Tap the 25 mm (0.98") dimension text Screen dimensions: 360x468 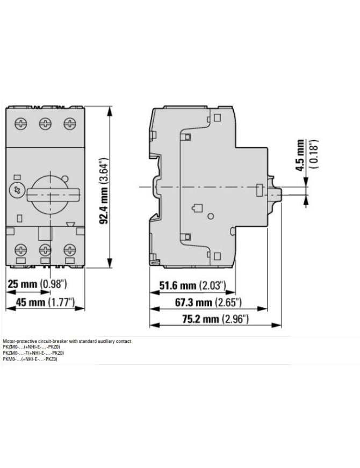click(x=37, y=284)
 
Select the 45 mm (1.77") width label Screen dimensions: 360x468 click(x=45, y=303)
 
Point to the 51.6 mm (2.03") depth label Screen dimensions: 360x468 click(x=192, y=286)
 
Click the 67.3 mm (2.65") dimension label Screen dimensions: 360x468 click(x=208, y=303)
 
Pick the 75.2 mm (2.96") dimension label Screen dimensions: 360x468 click(x=215, y=319)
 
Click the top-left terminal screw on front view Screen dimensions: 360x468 click(x=20, y=123)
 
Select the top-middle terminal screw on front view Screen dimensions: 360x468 click(x=45, y=123)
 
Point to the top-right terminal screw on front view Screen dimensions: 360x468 click(x=70, y=123)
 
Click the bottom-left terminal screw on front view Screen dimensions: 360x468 click(x=20, y=249)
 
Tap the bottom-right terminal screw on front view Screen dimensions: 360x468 click(x=70, y=249)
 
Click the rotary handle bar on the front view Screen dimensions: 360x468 click(x=54, y=195)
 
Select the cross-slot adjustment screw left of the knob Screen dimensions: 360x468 click(x=16, y=190)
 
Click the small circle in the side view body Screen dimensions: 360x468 click(x=211, y=216)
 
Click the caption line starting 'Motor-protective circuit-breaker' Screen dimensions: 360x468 click(x=67, y=341)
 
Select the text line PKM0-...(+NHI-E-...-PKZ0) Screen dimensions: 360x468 click(x=30, y=359)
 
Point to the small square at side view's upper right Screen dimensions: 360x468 click(x=217, y=117)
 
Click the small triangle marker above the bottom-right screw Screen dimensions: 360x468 click(x=71, y=225)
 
